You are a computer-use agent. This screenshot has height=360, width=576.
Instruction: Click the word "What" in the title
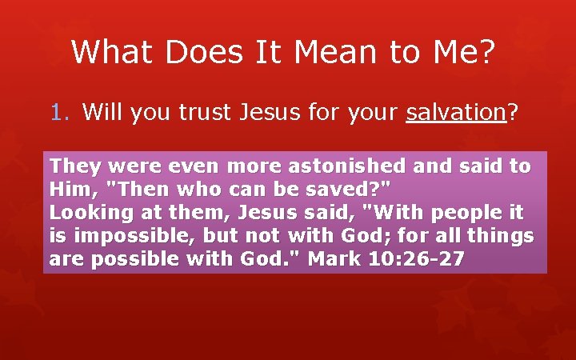tap(114, 53)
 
